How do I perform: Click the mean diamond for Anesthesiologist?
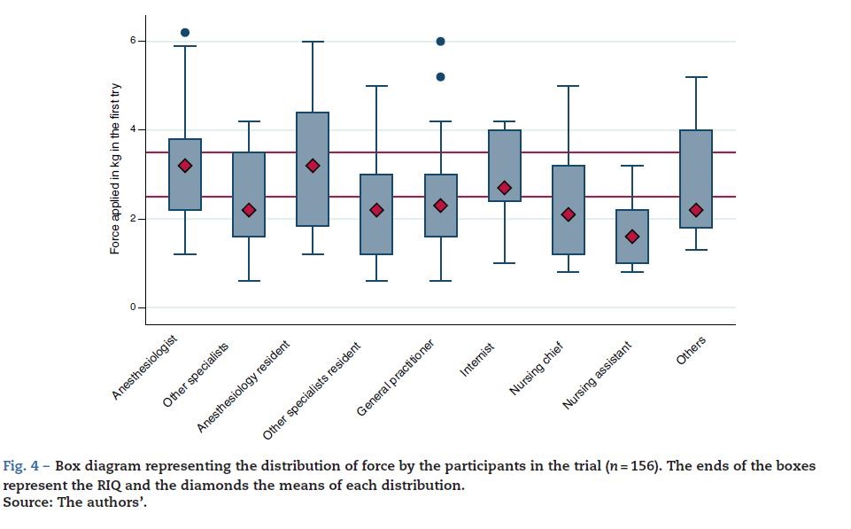pyautogui.click(x=185, y=166)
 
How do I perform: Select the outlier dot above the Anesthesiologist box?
pyautogui.click(x=185, y=33)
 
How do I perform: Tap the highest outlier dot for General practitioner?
pyautogui.click(x=440, y=42)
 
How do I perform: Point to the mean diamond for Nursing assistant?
pyautogui.click(x=632, y=237)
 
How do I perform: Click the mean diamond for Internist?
pyautogui.click(x=504, y=188)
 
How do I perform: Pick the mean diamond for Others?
pyautogui.click(x=696, y=210)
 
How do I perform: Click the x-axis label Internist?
pyautogui.click(x=477, y=358)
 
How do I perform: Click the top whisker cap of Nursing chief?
pyautogui.click(x=569, y=86)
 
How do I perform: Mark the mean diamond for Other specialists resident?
pyautogui.click(x=376, y=210)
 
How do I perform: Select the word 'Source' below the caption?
pyautogui.click(x=25, y=502)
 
